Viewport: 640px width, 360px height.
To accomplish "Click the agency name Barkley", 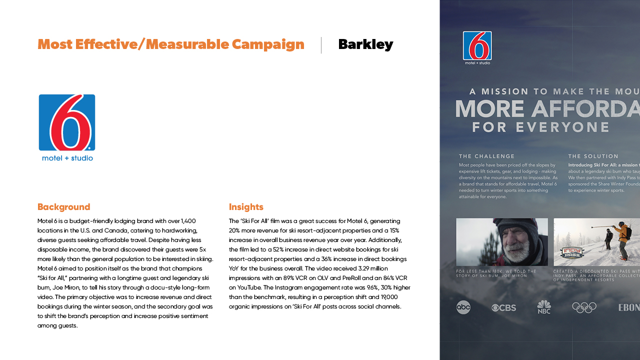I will (x=365, y=44).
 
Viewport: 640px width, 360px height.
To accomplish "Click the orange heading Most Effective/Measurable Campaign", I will (x=171, y=44).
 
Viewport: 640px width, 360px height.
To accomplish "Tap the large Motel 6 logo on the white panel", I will (x=67, y=127).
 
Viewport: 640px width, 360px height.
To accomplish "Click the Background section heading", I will (x=64, y=207).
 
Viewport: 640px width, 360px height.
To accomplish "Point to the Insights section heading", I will (x=246, y=207).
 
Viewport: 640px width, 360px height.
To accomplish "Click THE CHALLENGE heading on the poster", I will (x=486, y=156).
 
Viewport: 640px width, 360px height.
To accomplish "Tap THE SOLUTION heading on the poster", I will (x=593, y=156).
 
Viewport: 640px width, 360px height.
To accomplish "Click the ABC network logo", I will (x=463, y=307).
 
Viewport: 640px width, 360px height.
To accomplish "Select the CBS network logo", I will (x=503, y=307).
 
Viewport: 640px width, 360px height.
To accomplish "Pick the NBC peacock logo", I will (x=543, y=307).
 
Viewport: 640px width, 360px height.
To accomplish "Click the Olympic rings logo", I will (x=584, y=307).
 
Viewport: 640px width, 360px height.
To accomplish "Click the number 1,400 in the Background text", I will (x=188, y=221).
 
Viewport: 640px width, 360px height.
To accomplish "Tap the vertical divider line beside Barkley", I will (x=321, y=45).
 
